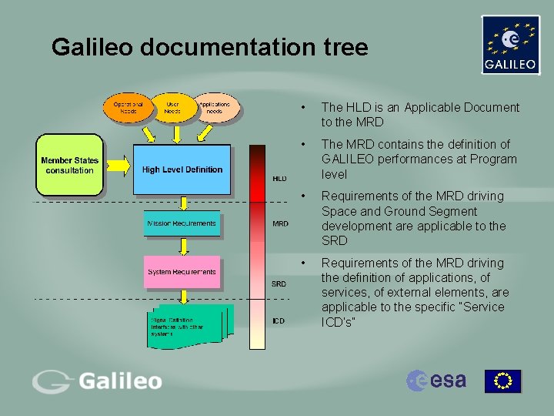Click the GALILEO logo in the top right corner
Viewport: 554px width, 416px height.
tap(510, 45)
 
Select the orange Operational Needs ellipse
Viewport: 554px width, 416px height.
tap(128, 108)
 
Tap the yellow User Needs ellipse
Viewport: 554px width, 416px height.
tap(172, 108)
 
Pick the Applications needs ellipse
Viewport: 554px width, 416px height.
tap(215, 108)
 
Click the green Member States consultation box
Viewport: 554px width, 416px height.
tap(69, 166)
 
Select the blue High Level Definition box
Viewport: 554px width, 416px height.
tap(182, 169)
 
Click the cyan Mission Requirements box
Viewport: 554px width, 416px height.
tap(182, 224)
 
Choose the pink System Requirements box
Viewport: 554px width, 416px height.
tap(182, 272)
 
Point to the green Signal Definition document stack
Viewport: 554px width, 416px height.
tap(185, 324)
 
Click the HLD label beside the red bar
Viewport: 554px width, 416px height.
tap(280, 178)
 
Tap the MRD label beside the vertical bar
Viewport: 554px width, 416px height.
tap(281, 224)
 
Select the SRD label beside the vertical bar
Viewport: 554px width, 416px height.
tap(279, 283)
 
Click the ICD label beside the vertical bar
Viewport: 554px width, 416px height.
tap(279, 320)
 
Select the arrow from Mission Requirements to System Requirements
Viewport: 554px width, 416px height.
tap(182, 247)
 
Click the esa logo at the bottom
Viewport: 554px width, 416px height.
tap(436, 380)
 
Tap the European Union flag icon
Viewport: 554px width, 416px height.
tap(502, 381)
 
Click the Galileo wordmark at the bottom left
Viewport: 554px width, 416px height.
tap(97, 381)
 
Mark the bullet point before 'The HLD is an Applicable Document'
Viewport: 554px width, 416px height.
tap(305, 108)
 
